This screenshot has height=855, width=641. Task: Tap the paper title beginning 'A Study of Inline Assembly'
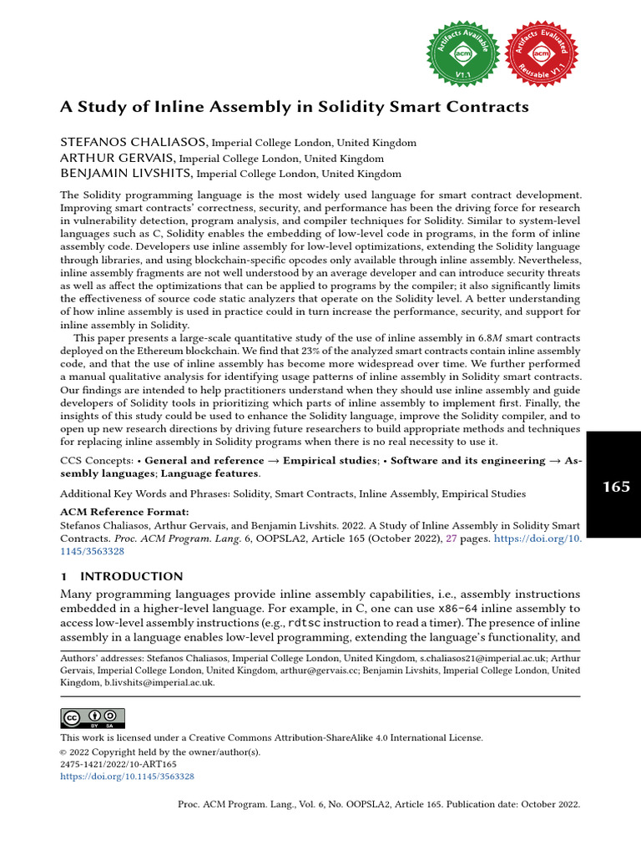tap(295, 107)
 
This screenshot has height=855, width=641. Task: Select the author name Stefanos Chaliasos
tap(134, 143)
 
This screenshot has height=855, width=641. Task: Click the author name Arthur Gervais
tap(117, 158)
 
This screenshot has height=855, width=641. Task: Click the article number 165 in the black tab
tap(616, 486)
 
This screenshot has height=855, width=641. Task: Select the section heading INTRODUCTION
tap(131, 576)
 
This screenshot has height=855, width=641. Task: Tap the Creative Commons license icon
tap(93, 718)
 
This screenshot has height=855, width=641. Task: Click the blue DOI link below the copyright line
tap(127, 776)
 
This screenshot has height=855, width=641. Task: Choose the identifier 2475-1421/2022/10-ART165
tap(119, 764)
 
